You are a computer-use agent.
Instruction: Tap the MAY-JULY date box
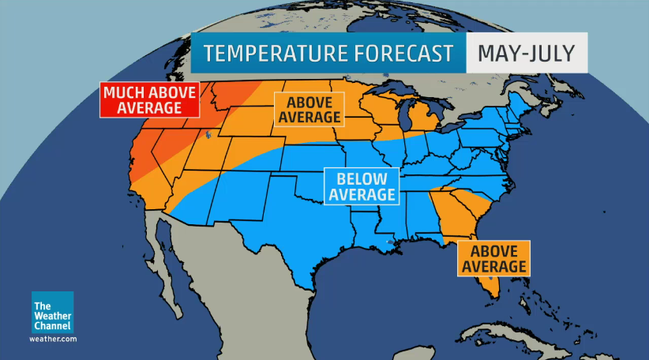[526, 54]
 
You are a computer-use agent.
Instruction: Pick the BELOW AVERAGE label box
[362, 186]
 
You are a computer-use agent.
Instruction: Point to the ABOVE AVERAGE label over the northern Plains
[309, 110]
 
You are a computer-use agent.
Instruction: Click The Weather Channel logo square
[53, 313]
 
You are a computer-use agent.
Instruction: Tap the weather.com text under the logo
[53, 339]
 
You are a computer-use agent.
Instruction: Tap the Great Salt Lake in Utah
[208, 135]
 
